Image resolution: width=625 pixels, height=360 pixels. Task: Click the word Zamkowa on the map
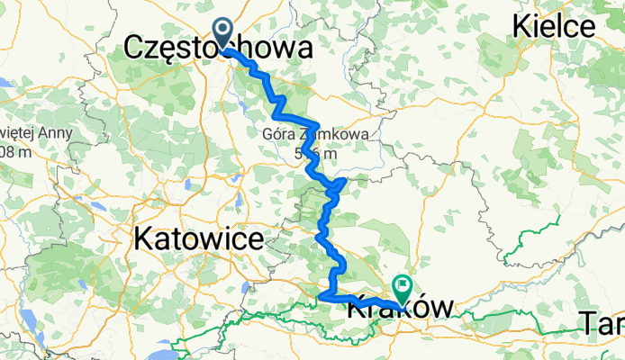point(321,135)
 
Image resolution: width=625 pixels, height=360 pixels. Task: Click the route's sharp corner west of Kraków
point(322,294)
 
